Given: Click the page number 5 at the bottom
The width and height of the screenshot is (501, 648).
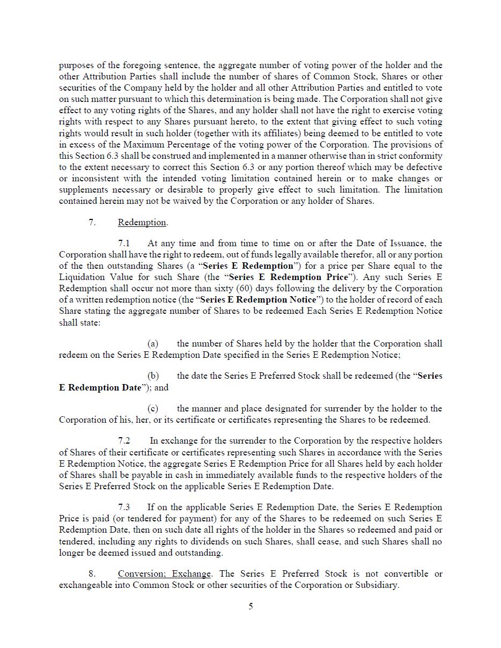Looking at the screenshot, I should point(251,606).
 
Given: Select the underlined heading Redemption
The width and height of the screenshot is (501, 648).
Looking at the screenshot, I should point(142,222).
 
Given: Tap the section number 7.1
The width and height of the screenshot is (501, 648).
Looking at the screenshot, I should point(124,243).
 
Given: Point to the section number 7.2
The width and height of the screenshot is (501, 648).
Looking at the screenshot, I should point(124,440).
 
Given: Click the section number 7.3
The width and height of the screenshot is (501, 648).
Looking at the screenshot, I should point(124,507).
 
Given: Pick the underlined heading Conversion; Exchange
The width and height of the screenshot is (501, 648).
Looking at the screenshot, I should point(165,573).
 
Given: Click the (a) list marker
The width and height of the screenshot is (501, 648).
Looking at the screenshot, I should point(153,343).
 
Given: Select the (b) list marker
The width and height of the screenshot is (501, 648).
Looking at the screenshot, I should point(153,375).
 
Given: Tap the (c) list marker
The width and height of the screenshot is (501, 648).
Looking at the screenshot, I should point(153,408).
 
